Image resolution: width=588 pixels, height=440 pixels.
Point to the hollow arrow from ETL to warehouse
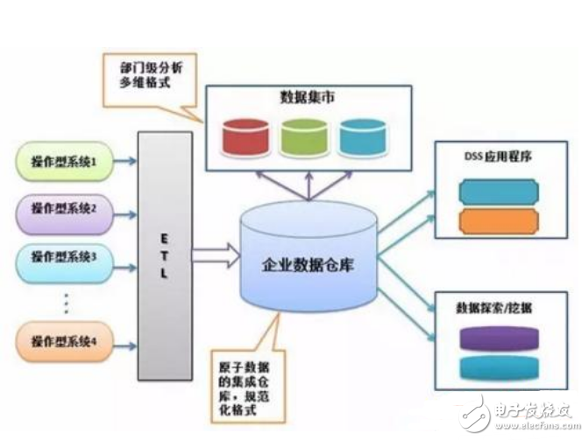(215, 256)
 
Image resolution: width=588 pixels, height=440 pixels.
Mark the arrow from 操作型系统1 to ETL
(126, 162)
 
